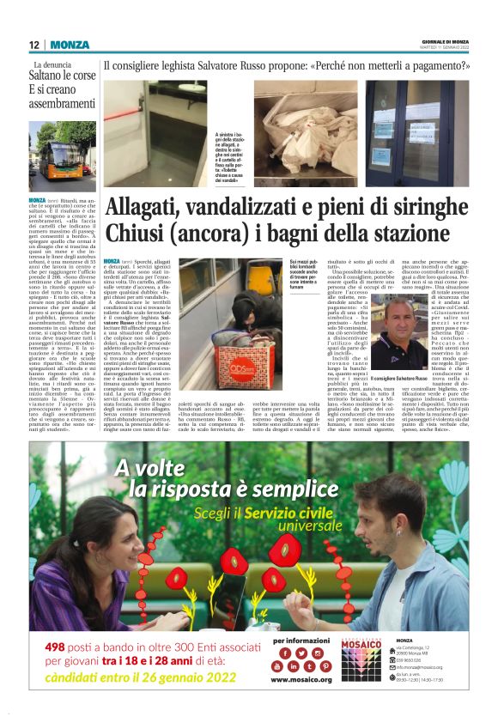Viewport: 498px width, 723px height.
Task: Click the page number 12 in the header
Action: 34,45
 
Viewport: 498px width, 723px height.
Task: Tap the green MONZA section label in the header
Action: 70,45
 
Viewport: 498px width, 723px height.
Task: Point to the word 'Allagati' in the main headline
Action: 151,209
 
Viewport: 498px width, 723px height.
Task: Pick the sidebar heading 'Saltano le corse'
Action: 65,76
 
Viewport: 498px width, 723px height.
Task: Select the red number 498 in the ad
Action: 61,647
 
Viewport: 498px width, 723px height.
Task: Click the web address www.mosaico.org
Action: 301,679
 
